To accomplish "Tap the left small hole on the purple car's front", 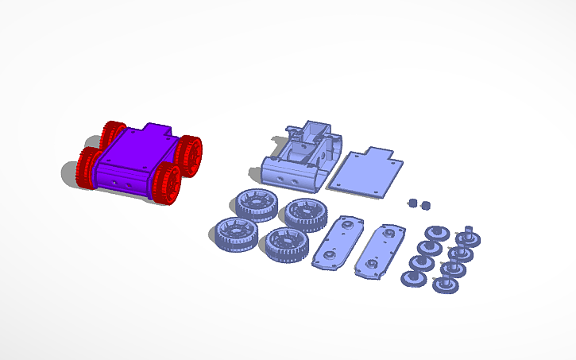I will pos(115,182).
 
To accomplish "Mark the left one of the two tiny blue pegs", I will pos(412,203).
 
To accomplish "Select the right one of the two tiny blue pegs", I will pos(425,205).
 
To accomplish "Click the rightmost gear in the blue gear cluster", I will pos(469,238).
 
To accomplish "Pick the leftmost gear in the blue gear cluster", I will pos(412,278).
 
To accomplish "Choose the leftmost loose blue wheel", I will pos(236,234).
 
